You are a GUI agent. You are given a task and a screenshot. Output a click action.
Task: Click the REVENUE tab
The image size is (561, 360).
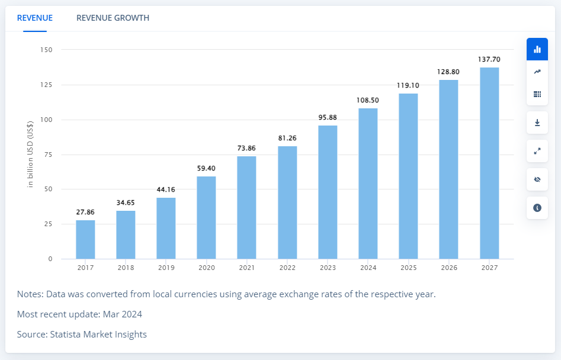34,18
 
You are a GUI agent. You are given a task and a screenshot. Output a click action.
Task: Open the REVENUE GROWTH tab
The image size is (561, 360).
113,18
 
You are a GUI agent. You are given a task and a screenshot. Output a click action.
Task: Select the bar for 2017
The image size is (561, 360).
85,239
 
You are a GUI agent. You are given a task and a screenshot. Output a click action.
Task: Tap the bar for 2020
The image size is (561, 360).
206,217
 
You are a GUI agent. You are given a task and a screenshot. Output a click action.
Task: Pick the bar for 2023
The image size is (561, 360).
328,192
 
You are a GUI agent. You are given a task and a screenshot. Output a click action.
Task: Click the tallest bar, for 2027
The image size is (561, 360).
489,163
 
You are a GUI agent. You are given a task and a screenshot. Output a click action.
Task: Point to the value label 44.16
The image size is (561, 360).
166,189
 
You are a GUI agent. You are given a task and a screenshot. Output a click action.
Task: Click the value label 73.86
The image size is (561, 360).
246,148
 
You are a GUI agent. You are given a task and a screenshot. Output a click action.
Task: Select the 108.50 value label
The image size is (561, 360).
368,100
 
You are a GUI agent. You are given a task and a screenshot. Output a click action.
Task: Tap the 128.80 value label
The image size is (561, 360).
448,72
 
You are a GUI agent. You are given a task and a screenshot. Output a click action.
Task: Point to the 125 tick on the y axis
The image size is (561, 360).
46,85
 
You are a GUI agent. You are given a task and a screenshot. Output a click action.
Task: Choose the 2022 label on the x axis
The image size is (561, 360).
287,268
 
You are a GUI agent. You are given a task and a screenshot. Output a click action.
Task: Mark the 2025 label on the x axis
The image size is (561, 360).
408,268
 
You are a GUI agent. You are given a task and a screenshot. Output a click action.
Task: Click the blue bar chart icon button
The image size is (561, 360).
537,49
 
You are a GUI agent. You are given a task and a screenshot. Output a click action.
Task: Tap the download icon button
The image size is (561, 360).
537,123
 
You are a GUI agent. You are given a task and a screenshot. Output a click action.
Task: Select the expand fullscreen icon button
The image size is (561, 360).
537,151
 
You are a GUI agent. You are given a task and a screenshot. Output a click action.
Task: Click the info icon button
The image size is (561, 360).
537,208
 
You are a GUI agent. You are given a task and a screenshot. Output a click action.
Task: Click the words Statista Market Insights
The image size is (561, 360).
98,335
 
